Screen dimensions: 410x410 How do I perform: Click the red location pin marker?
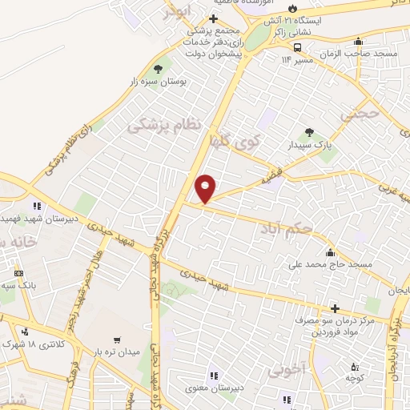coord(206,187)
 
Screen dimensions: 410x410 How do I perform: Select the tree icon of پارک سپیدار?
coord(310,133)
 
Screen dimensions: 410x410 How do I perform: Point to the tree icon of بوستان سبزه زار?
coord(157,68)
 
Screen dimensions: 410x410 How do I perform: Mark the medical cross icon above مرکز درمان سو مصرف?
coord(334,308)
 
